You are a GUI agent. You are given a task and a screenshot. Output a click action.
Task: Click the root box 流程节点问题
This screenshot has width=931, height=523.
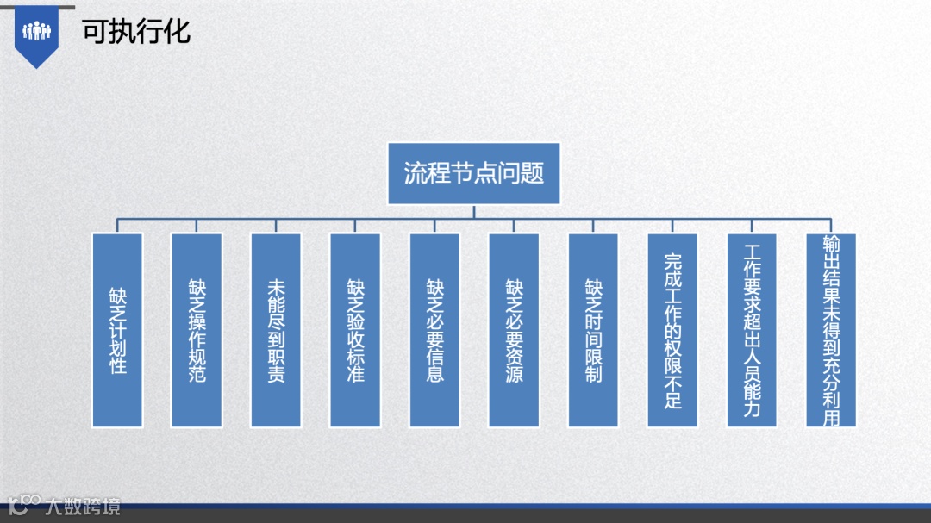tap(474, 173)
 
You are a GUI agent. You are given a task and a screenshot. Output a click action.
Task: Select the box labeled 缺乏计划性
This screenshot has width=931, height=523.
tap(117, 330)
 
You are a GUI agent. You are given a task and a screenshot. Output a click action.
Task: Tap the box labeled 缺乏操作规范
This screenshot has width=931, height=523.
tap(197, 330)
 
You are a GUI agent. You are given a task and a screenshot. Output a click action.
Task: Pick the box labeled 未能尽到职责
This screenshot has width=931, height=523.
tap(276, 330)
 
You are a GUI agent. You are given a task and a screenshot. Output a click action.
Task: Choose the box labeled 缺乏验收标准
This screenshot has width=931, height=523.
tap(355, 330)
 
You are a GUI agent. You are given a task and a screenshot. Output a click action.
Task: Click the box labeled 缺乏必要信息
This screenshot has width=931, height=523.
tap(434, 330)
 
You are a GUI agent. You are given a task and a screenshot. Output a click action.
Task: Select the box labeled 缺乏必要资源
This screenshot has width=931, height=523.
tap(514, 330)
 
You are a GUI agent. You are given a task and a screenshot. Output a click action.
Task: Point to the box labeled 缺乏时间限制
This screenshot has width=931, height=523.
tap(593, 330)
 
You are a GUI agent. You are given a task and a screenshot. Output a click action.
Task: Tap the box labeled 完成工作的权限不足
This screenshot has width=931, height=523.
tap(672, 330)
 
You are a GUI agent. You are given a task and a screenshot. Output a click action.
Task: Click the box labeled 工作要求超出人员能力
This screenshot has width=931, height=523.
tap(752, 330)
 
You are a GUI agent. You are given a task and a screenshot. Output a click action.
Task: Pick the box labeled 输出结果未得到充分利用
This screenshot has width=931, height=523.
tap(831, 330)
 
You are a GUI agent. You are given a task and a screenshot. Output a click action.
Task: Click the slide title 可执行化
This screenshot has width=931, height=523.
tap(136, 32)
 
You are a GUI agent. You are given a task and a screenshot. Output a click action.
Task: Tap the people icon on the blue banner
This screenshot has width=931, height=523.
tap(37, 32)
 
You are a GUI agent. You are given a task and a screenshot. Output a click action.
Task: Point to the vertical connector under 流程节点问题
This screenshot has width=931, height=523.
tap(474, 212)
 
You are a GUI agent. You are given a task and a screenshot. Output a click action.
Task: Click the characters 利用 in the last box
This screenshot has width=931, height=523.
tap(831, 407)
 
